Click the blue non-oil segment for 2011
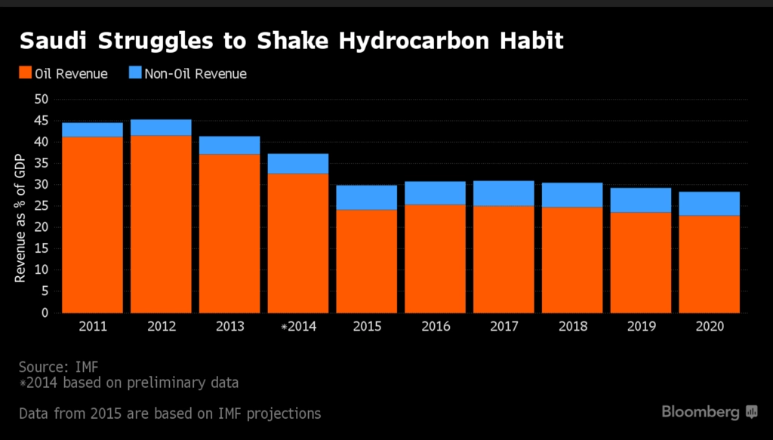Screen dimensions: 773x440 (x=92, y=130)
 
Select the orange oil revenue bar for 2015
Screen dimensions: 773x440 (x=366, y=262)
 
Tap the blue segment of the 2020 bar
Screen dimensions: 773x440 (x=709, y=204)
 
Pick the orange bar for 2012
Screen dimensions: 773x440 (x=161, y=224)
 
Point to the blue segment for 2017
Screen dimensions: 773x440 (x=504, y=194)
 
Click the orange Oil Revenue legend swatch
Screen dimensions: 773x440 (x=25, y=72)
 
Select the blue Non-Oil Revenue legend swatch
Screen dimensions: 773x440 (x=135, y=72)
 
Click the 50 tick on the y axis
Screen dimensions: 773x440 (x=42, y=99)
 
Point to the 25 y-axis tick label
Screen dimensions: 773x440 (x=42, y=206)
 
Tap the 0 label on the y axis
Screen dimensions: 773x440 (x=45, y=313)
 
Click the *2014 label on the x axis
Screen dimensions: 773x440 (x=299, y=326)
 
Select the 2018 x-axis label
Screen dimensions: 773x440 (x=573, y=326)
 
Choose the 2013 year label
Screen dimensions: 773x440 (x=230, y=326)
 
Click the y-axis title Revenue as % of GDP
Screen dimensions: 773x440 (x=20, y=218)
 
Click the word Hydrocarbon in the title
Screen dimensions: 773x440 (x=415, y=41)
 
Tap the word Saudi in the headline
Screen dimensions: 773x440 (x=53, y=41)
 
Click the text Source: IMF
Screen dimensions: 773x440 (x=59, y=367)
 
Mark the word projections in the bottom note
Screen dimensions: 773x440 (x=284, y=414)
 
